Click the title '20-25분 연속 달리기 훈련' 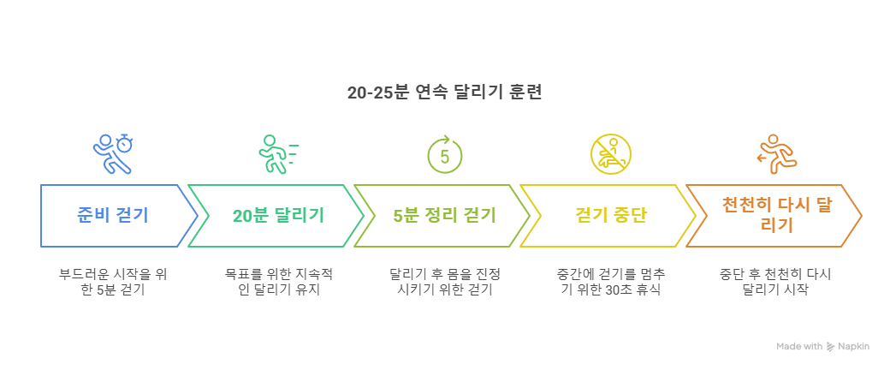click(x=444, y=92)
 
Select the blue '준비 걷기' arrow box click(x=111, y=215)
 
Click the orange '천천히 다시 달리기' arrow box click(x=774, y=215)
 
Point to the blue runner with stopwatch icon click(x=113, y=153)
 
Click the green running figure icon click(x=277, y=154)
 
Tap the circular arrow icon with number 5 click(x=444, y=154)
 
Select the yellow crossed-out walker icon click(x=610, y=154)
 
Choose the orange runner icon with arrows click(x=777, y=154)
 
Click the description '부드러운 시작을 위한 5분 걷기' click(x=112, y=282)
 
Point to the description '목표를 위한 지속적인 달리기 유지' click(x=278, y=282)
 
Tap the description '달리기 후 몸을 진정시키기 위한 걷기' click(x=444, y=282)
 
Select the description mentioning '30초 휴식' click(x=610, y=282)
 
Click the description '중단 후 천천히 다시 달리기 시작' click(x=776, y=282)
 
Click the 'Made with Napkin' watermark click(x=822, y=346)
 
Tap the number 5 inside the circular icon click(x=444, y=157)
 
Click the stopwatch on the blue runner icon click(x=126, y=142)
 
